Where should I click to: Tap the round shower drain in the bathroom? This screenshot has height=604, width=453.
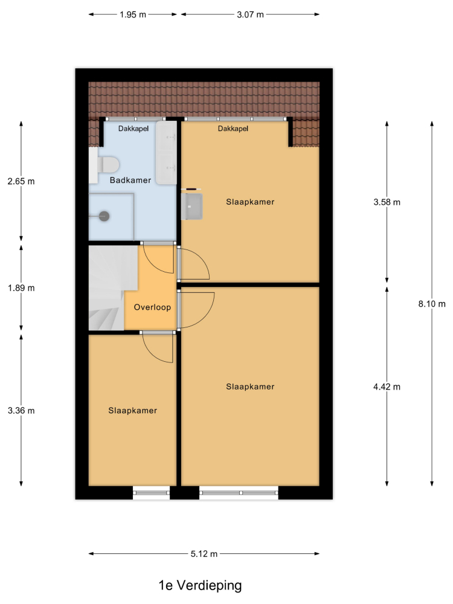[x=104, y=216]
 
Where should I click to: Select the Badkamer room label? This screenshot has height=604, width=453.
[x=130, y=180]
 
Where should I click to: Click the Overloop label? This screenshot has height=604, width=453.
[x=152, y=307]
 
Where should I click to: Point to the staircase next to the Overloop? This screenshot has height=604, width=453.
[x=110, y=288]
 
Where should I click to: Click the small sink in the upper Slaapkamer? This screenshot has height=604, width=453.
[x=192, y=206]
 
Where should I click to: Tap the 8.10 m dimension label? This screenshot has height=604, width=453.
[x=432, y=304]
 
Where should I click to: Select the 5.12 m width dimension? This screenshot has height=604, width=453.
[x=204, y=554]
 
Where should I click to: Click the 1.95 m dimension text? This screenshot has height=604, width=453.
[x=133, y=14]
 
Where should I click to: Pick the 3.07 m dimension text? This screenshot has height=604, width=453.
[x=251, y=14]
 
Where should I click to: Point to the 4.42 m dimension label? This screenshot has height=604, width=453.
[x=387, y=387]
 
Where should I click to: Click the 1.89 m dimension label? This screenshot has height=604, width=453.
[x=21, y=288]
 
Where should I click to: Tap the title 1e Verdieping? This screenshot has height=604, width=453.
[x=201, y=585]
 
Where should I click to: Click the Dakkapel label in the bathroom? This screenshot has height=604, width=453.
[x=133, y=129]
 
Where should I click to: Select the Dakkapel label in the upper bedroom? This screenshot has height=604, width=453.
[x=233, y=129]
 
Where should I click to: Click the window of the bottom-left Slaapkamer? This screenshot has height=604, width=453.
[x=152, y=493]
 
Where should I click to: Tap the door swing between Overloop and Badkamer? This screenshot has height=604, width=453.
[x=158, y=259]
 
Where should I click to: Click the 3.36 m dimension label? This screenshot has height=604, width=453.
[x=21, y=411]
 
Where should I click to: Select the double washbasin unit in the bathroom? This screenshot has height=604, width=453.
[x=167, y=153]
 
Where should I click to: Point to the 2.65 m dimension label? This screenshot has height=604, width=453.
[x=21, y=181]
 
